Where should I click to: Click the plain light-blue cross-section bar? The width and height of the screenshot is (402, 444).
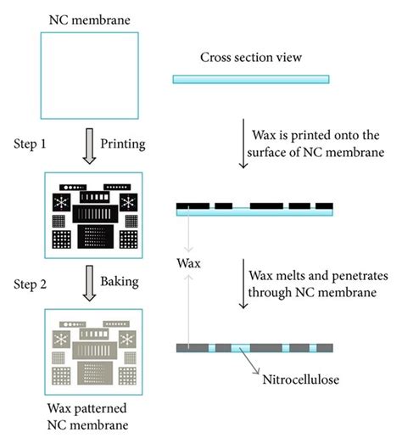coord(252,79)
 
